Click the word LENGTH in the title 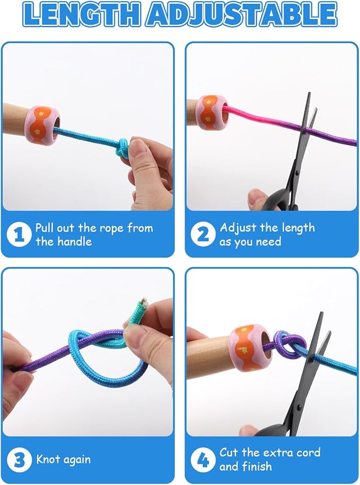[x=83, y=14]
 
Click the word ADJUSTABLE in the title [x=242, y=14]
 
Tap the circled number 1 [x=19, y=234]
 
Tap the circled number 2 [x=203, y=234]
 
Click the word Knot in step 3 [x=48, y=459]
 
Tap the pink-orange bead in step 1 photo [x=42, y=125]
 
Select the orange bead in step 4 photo [x=250, y=348]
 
